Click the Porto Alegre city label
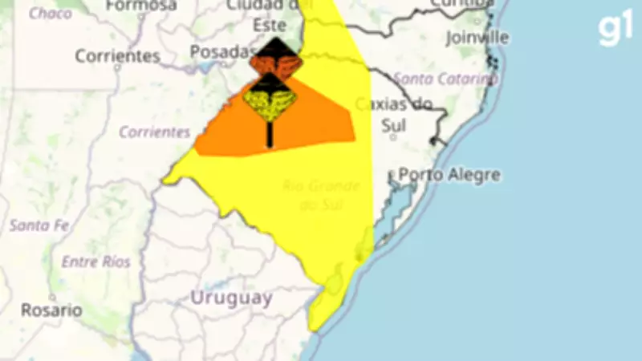[x=449, y=175]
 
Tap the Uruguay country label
[x=230, y=298]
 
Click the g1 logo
[x=615, y=30]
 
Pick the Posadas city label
[x=222, y=52]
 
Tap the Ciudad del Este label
[x=276, y=16]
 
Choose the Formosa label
[x=140, y=6]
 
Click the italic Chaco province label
[x=50, y=14]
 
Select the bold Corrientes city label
[x=117, y=56]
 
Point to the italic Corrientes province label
[x=154, y=132]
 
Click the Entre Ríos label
[x=95, y=262]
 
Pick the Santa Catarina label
[x=445, y=79]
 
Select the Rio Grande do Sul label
[x=321, y=196]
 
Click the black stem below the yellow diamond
[x=270, y=135]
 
